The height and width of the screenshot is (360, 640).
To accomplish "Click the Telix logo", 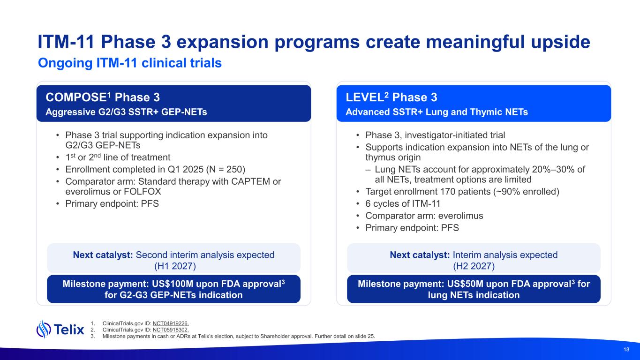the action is coord(60,330).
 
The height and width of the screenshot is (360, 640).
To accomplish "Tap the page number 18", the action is coord(626,349).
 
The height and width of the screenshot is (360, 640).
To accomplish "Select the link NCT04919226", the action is coord(171,323).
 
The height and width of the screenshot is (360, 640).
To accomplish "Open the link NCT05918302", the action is coord(171,330).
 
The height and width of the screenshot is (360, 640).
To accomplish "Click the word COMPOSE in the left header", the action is coord(76,97).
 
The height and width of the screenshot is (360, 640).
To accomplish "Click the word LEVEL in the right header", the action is coord(365,97).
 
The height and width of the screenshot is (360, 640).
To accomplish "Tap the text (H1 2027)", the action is coord(175,266).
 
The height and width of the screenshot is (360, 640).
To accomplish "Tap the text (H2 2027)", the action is coord(474,266).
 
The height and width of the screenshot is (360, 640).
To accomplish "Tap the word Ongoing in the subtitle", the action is coord(65,63).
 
